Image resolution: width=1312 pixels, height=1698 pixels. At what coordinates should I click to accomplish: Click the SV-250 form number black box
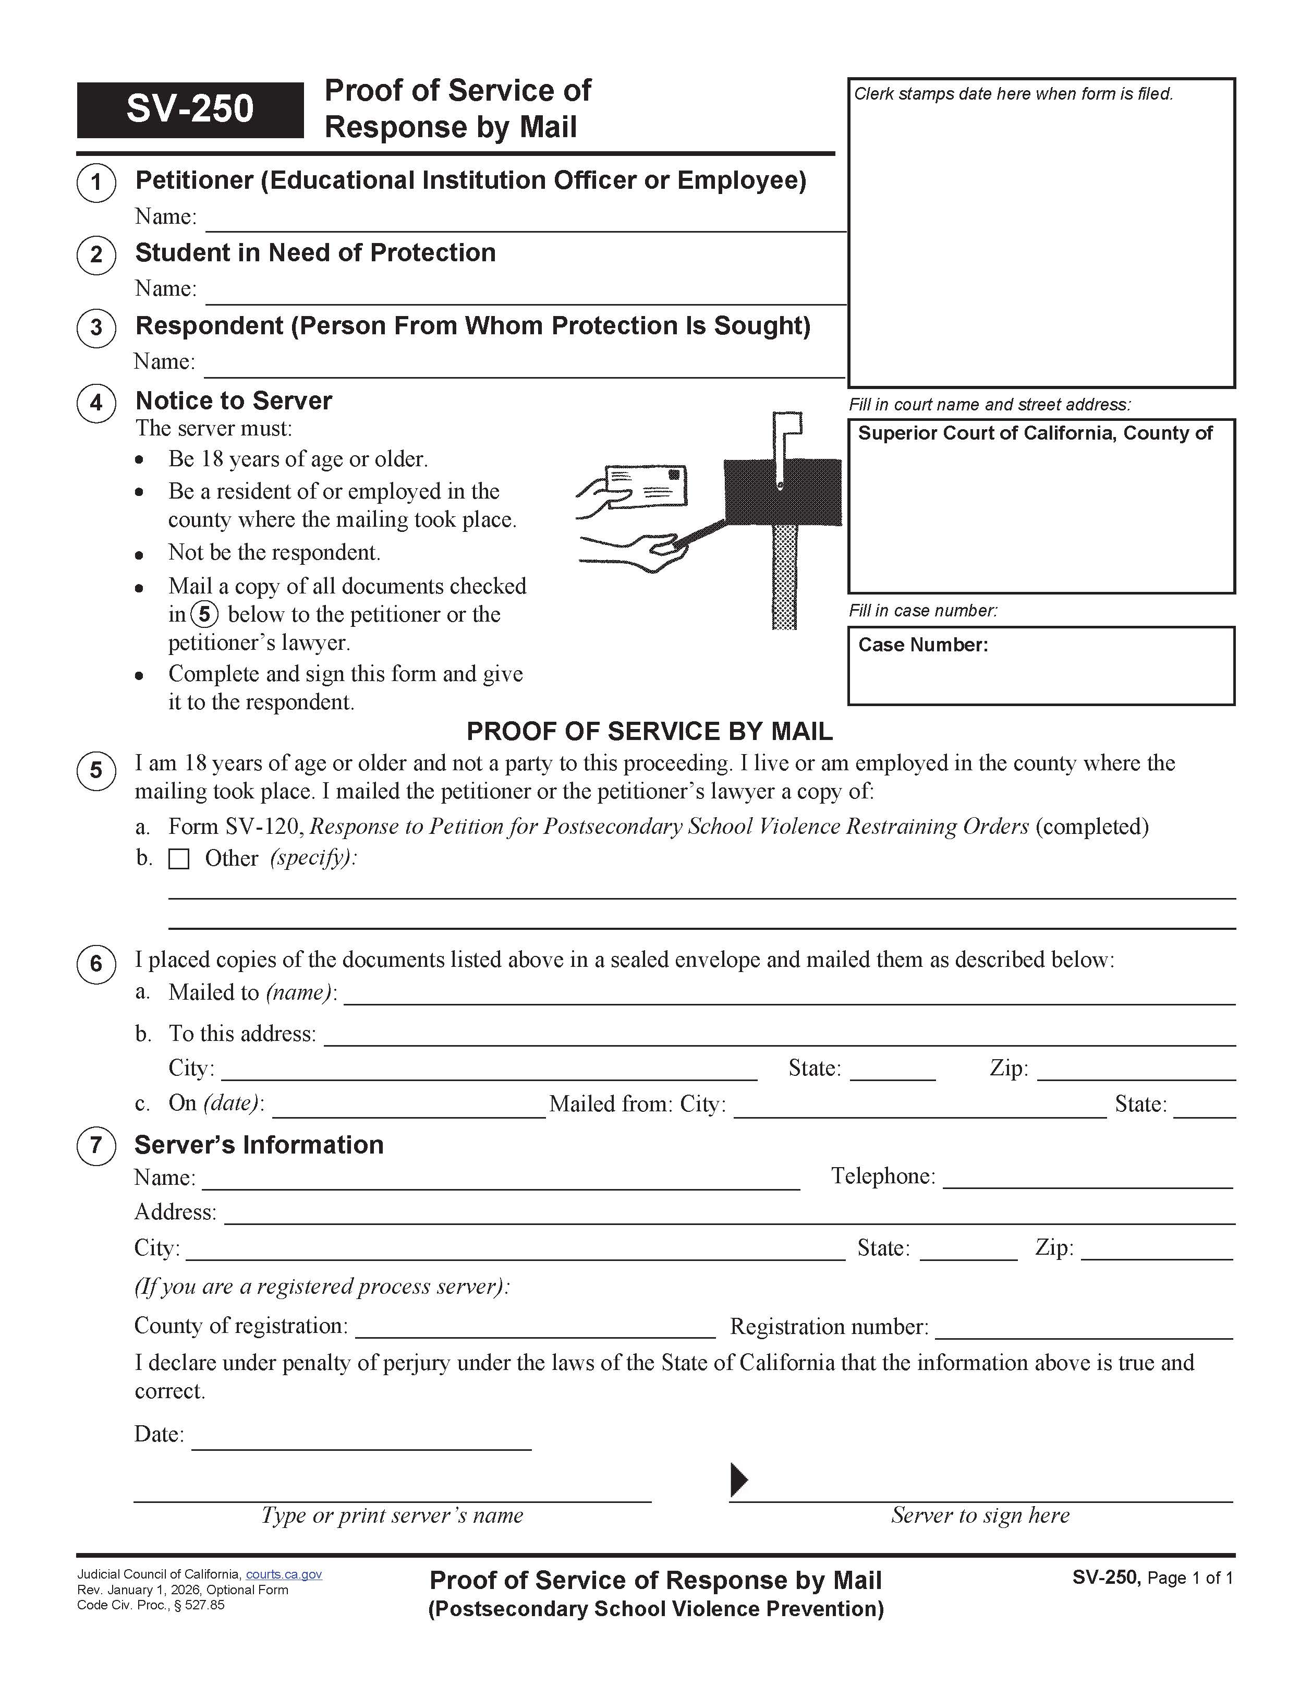click(x=190, y=110)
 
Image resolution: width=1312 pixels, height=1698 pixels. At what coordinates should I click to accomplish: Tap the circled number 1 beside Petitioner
click(x=96, y=183)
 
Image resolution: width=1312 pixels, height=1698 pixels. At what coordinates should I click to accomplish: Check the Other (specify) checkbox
click(x=179, y=859)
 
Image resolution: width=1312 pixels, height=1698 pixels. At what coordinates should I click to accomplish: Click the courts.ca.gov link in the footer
click(x=284, y=1574)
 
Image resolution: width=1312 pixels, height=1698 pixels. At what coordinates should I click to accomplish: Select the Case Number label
click(x=922, y=645)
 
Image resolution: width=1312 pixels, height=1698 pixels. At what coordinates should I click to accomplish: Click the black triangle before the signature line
click(x=738, y=1479)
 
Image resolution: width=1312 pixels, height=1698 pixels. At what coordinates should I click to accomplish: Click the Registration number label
click(x=829, y=1326)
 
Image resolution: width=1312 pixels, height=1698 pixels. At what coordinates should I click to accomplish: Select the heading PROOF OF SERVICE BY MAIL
click(x=649, y=732)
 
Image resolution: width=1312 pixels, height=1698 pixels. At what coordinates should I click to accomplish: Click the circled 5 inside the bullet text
click(x=204, y=615)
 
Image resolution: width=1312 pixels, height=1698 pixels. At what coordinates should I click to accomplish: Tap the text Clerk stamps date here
click(x=1013, y=94)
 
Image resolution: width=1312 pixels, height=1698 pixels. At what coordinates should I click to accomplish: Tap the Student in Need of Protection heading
click(x=315, y=253)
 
